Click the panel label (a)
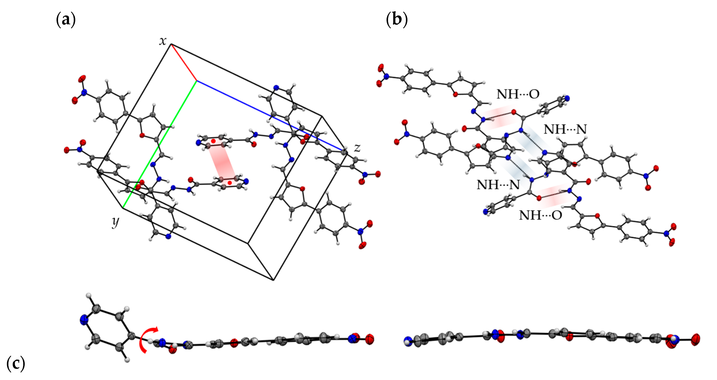(x=66, y=20)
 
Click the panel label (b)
(x=397, y=20)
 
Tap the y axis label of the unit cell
(x=115, y=222)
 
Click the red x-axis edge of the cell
(x=184, y=62)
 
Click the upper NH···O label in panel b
(x=518, y=94)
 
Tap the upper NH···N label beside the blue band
(x=565, y=129)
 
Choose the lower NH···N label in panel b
(x=498, y=185)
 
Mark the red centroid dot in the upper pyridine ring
(x=213, y=141)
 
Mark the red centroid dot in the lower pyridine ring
(x=230, y=183)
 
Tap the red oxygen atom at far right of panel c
(x=695, y=339)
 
